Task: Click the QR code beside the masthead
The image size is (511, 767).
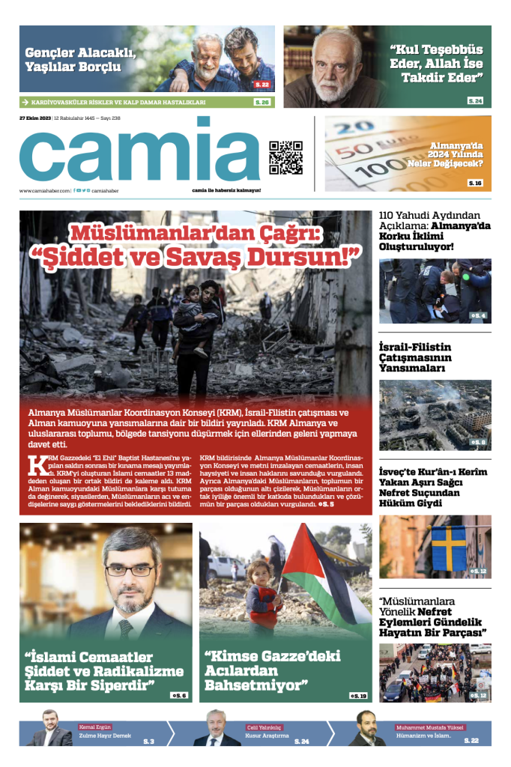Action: pos(285,157)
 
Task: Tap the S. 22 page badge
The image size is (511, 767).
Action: pos(261,85)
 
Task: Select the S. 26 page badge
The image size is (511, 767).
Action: pos(261,102)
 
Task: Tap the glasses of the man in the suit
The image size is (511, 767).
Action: pos(130,569)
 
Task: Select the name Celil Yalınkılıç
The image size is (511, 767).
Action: pos(264,727)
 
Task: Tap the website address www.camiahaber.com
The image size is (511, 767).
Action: pos(45,191)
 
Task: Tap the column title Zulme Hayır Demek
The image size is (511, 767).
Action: pos(100,736)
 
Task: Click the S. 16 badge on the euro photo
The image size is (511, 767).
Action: pos(475,183)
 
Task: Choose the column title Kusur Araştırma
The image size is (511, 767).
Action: pos(267,736)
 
